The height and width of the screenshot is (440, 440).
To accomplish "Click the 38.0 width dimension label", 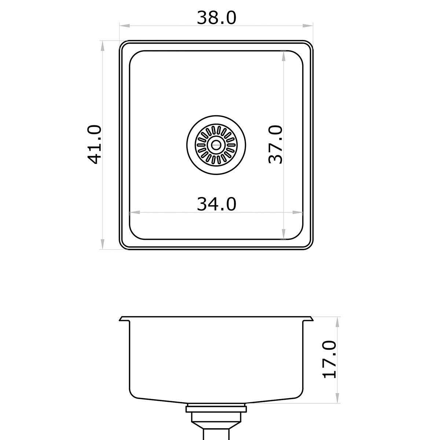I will (x=216, y=18).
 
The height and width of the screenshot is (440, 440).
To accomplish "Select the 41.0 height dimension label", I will (x=94, y=144).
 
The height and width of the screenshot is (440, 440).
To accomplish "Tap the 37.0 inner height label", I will (x=276, y=144).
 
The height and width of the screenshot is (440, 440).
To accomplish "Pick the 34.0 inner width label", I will (x=216, y=204).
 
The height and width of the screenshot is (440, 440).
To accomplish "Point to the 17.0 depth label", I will (x=329, y=359).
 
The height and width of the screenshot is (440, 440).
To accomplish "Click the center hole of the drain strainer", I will (x=216, y=145).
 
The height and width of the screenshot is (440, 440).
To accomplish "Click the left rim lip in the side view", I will (x=124, y=319).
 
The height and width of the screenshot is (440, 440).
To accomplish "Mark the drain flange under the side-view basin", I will (x=216, y=407).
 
